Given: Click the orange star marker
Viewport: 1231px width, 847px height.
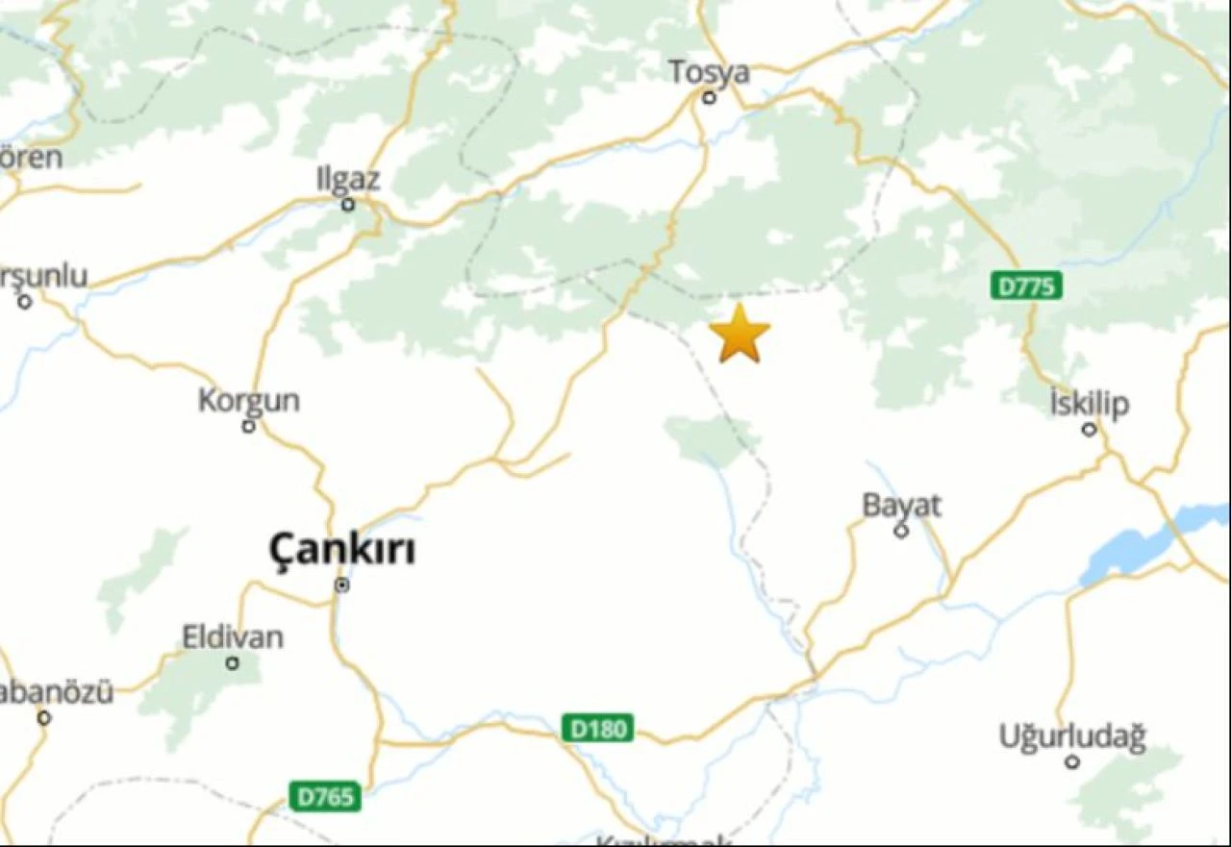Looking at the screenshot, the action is [x=740, y=334].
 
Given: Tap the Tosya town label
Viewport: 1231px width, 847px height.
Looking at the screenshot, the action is [x=709, y=72].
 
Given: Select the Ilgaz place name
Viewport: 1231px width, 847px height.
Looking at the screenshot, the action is [x=348, y=180].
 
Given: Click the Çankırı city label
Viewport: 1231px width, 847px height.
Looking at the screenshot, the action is [x=342, y=551].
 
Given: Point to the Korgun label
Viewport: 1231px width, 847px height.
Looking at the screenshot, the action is [x=248, y=400].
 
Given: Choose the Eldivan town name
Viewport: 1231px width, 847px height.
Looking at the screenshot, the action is [x=233, y=636].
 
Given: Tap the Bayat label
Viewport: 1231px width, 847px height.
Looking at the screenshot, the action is [x=901, y=506].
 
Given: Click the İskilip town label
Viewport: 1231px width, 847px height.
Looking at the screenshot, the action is [x=1090, y=404].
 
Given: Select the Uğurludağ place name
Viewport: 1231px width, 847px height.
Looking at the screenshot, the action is [x=1071, y=737].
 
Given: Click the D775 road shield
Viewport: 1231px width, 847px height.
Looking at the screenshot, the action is [x=1026, y=286].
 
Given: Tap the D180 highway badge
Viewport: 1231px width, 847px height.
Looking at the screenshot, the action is [x=597, y=729].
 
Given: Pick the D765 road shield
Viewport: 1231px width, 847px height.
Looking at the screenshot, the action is [x=325, y=796].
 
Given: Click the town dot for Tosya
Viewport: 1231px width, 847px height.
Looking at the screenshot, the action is [x=709, y=97].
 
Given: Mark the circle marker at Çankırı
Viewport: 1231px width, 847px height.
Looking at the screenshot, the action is [x=341, y=585].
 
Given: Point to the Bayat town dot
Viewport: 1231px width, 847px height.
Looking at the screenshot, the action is [x=901, y=531].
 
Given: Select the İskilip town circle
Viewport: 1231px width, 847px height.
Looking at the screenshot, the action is [x=1090, y=429].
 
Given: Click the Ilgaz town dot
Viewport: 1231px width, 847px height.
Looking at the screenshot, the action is [x=348, y=204].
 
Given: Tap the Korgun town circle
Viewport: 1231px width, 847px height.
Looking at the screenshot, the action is [x=248, y=425].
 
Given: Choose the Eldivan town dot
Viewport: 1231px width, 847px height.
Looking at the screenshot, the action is [x=232, y=662].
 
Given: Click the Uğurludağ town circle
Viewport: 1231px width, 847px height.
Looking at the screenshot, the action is [x=1071, y=762].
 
